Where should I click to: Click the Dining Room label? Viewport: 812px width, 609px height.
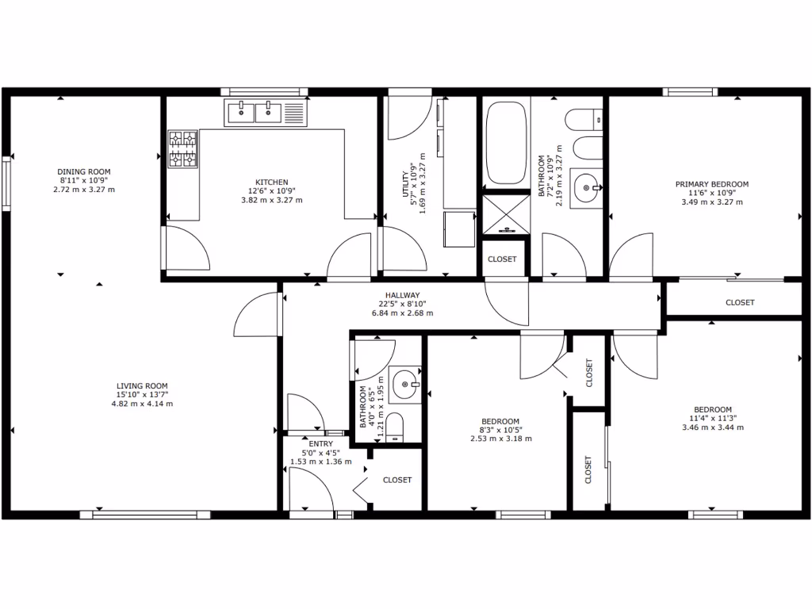coord(83,171)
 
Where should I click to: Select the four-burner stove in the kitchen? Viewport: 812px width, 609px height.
coord(182,149)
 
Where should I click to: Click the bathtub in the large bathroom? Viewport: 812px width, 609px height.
coord(506,144)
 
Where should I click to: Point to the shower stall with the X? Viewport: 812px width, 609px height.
coord(506,214)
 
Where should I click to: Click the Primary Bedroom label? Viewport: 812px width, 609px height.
coord(711,184)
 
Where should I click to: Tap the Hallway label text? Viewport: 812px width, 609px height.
coord(402,295)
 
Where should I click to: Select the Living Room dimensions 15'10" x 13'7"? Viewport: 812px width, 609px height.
coord(142,395)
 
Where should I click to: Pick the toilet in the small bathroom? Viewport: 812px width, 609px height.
coord(396,427)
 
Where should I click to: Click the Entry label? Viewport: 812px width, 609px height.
coord(321,444)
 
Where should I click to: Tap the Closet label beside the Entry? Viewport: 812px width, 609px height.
coord(397,480)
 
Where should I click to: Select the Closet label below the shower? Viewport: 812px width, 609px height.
coord(502,259)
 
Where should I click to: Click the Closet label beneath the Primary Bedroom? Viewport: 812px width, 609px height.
coord(740,302)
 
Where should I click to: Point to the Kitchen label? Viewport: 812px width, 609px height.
coord(271,182)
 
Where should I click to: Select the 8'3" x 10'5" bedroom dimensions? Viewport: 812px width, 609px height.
coord(500,430)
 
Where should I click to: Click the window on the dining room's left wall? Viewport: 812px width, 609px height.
coord(6,183)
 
